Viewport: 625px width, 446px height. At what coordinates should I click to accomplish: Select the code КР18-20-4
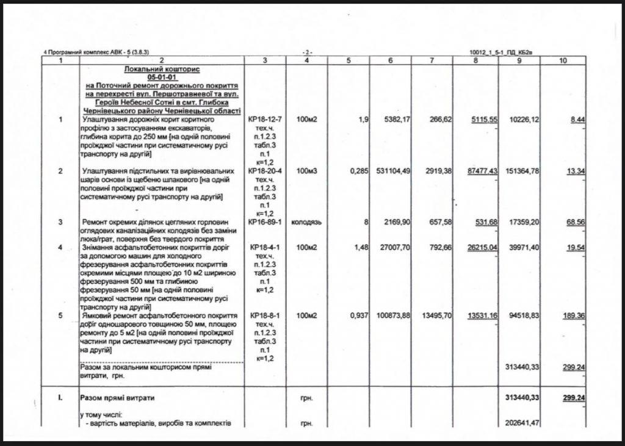264,171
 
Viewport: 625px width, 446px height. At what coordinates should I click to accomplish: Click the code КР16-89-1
264,223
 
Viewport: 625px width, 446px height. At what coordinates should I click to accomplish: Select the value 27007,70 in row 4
392,248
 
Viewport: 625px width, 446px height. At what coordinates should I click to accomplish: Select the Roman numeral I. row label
60,398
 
